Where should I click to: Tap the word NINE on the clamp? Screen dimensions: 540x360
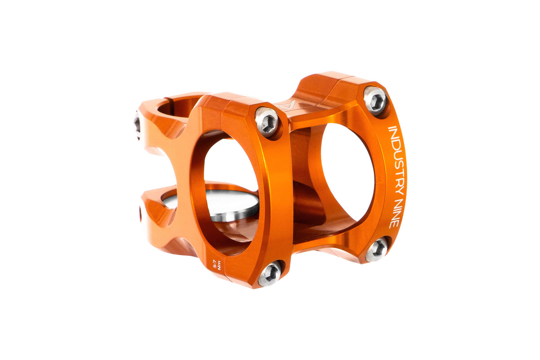[x=396, y=213]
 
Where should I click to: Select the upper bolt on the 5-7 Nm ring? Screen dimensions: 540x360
[x=267, y=122]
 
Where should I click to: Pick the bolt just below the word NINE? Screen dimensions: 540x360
[x=377, y=249]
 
